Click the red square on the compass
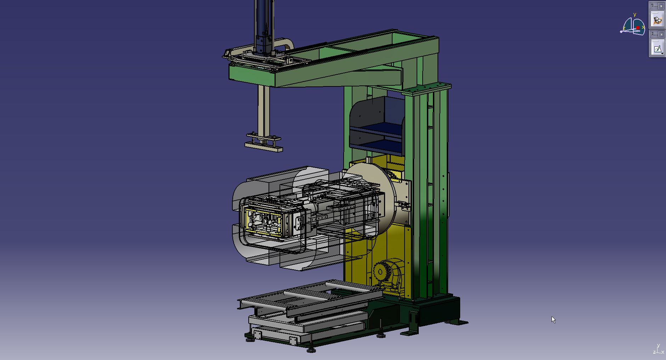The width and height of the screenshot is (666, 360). (x=638, y=28)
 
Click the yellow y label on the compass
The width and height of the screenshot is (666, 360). (x=634, y=15)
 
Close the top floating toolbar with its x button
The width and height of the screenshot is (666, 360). (x=661, y=6)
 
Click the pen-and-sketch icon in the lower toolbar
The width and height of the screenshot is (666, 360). (x=657, y=49)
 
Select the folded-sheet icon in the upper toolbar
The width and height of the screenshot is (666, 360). (x=657, y=20)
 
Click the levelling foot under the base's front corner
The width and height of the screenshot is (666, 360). (x=311, y=350)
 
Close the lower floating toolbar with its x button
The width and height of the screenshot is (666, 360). (x=661, y=34)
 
